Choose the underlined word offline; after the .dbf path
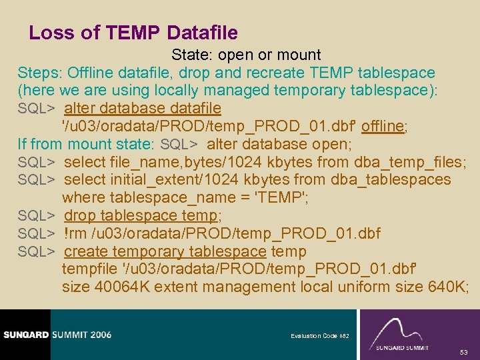click(381, 127)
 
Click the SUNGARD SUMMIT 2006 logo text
click(56, 335)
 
